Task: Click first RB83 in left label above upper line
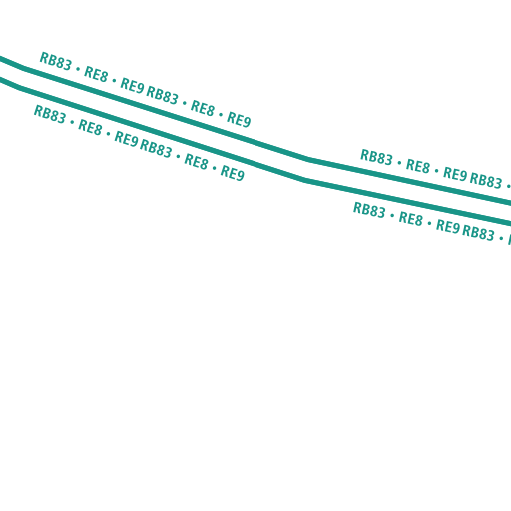click(x=56, y=61)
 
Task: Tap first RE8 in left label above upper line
click(x=96, y=74)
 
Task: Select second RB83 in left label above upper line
click(x=163, y=95)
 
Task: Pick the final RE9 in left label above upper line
click(x=239, y=119)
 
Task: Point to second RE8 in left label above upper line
click(x=203, y=108)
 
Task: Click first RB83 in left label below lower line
click(x=50, y=114)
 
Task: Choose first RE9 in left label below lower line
click(x=126, y=138)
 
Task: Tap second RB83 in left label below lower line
click(x=156, y=148)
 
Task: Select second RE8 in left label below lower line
click(x=196, y=161)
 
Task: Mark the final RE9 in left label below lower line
click(x=233, y=173)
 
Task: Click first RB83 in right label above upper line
click(x=376, y=157)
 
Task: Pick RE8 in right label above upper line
click(x=418, y=166)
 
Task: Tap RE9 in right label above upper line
click(x=455, y=174)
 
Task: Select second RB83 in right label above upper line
click(x=486, y=180)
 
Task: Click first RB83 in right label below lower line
click(x=369, y=210)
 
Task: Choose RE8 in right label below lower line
click(x=410, y=219)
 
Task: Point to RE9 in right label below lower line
click(x=448, y=227)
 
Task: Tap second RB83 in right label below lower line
click(x=478, y=233)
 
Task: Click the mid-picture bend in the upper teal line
click(x=309, y=160)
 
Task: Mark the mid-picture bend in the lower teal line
click(x=305, y=181)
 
